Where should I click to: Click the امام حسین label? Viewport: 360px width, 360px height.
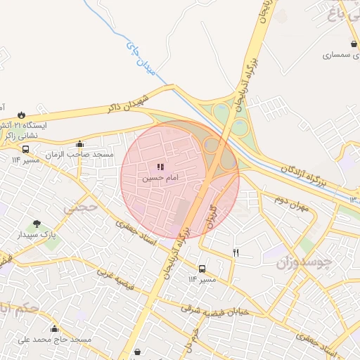(x=160, y=179)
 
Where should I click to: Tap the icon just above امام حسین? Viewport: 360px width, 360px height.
(x=160, y=167)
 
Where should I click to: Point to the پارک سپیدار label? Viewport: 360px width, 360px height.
(x=37, y=233)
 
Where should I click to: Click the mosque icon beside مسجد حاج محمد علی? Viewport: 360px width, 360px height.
(x=55, y=329)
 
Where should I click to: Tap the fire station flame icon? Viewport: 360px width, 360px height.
(x=22, y=115)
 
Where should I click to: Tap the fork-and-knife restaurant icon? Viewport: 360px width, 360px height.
(x=236, y=252)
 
